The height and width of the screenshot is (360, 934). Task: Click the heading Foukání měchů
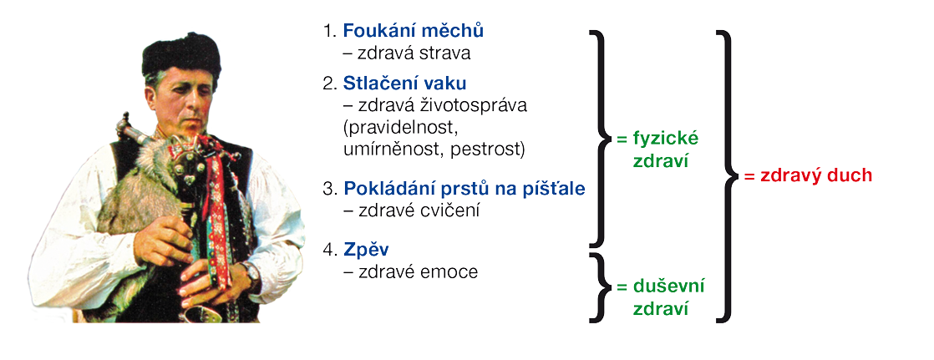[x=414, y=30]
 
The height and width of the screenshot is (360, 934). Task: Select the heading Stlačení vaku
[x=404, y=84]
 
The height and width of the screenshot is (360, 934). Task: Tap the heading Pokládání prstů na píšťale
[x=464, y=189]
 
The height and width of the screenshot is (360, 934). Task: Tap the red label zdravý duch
[x=808, y=176]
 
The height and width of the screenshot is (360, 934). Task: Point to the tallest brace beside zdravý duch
[x=729, y=176]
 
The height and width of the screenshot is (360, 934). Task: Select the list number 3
[x=328, y=190]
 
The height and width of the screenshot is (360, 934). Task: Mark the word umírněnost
[x=392, y=150]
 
